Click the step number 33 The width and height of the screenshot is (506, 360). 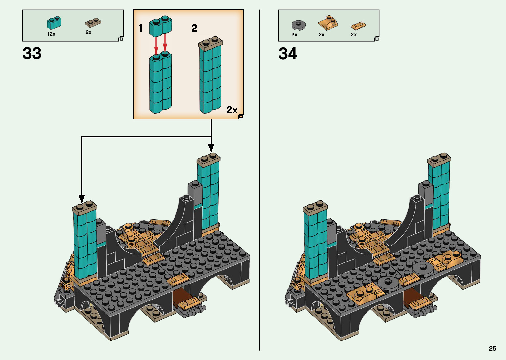(32, 53)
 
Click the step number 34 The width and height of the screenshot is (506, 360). (288, 54)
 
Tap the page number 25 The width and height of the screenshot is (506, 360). (492, 348)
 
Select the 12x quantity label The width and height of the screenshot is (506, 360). (51, 34)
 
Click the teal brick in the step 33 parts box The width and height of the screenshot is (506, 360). (55, 23)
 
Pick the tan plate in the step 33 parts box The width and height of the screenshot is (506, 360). (93, 22)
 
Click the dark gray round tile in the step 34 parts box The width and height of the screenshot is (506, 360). (298, 25)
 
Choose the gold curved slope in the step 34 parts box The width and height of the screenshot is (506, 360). (328, 23)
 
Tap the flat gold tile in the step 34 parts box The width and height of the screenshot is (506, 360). (358, 25)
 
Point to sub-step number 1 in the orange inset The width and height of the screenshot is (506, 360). (141, 28)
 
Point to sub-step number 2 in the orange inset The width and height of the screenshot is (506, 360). (194, 28)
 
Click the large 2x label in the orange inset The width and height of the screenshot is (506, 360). (232, 110)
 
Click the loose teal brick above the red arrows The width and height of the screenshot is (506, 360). (161, 26)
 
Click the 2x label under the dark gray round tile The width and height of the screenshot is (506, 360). (294, 35)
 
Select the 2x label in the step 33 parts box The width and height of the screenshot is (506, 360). (88, 32)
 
